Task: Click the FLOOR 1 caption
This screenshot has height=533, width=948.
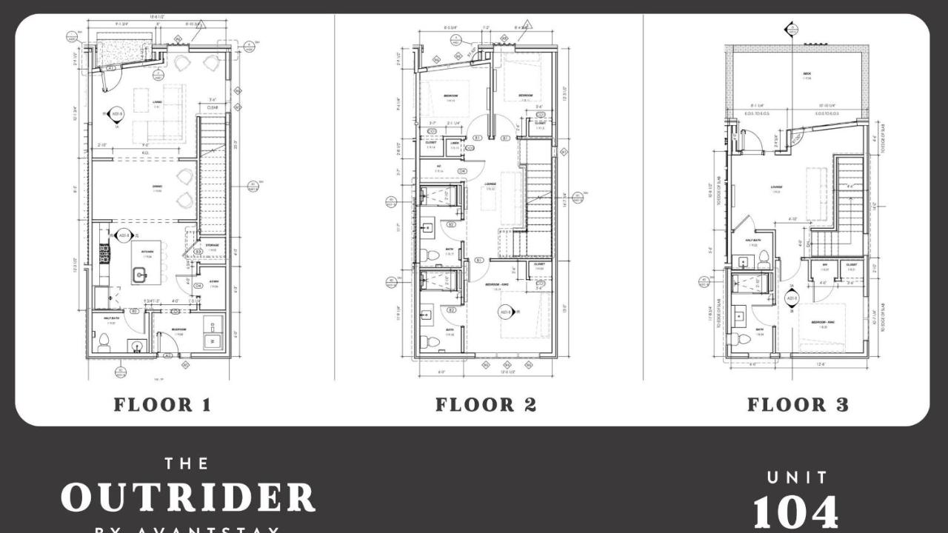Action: pyautogui.click(x=162, y=405)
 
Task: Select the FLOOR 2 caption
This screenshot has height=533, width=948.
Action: pyautogui.click(x=485, y=405)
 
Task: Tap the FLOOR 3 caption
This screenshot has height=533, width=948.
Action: pyautogui.click(x=798, y=405)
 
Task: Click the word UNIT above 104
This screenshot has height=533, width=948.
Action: pyautogui.click(x=797, y=477)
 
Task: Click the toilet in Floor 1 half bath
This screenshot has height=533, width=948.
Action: pyautogui.click(x=104, y=342)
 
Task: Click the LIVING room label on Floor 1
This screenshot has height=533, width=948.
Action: pyautogui.click(x=157, y=102)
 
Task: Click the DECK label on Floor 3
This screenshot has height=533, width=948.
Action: pyautogui.click(x=807, y=74)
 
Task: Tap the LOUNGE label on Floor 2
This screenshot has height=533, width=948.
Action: pyautogui.click(x=490, y=184)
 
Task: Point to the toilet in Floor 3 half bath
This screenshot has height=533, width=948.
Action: pyautogui.click(x=764, y=260)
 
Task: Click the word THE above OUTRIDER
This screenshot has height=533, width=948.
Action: pyautogui.click(x=187, y=463)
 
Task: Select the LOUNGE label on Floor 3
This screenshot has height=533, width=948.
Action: pyautogui.click(x=776, y=187)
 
